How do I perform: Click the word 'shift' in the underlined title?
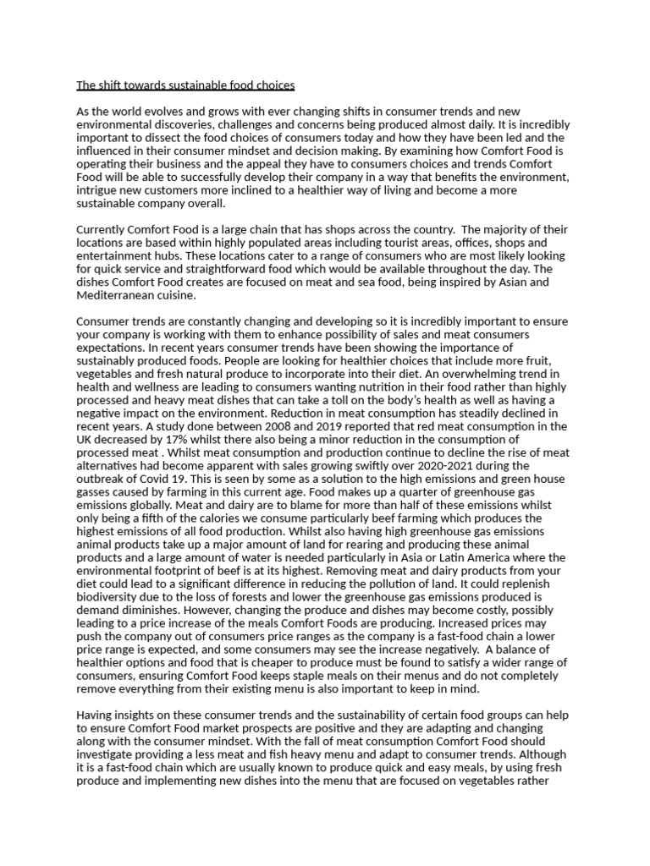click(x=111, y=85)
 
